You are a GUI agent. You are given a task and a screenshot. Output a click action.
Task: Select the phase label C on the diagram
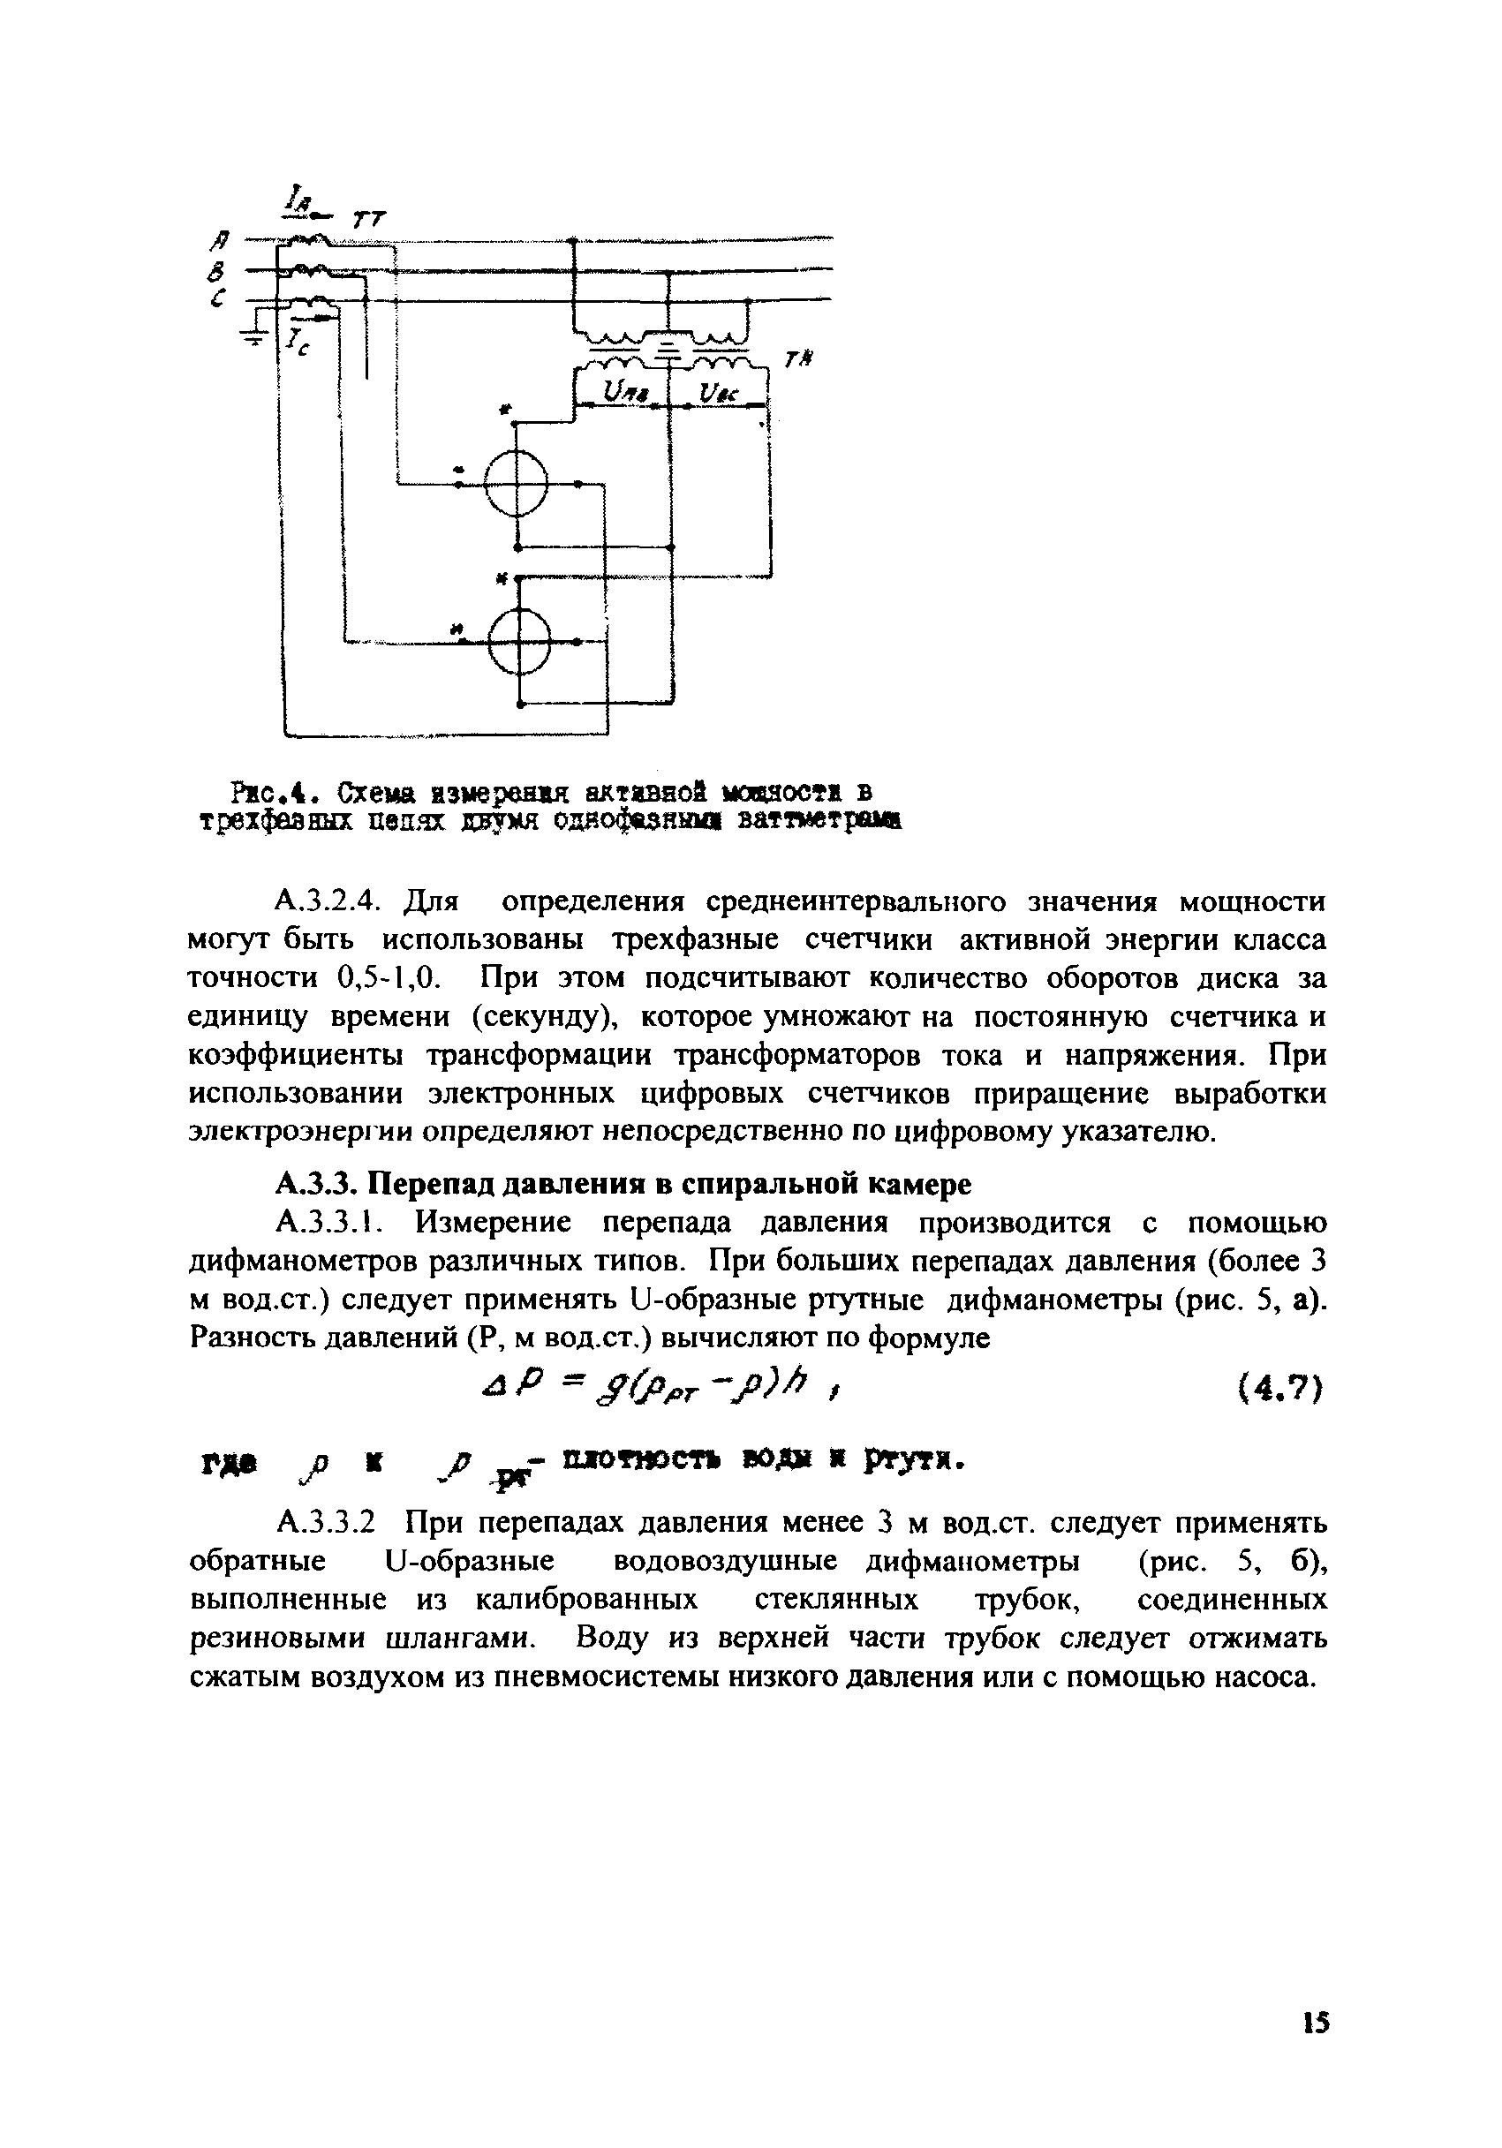pos(218,299)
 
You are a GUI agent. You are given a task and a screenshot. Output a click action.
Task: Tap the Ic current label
pos(299,342)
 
